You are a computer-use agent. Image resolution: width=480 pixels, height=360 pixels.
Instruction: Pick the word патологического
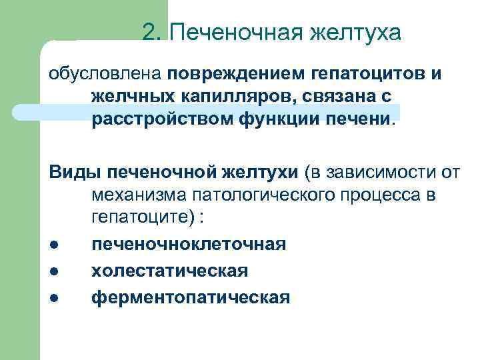click(x=273, y=196)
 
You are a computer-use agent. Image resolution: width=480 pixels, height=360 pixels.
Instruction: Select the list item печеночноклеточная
click(x=189, y=245)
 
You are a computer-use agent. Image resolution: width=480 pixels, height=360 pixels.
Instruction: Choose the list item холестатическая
click(x=169, y=271)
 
